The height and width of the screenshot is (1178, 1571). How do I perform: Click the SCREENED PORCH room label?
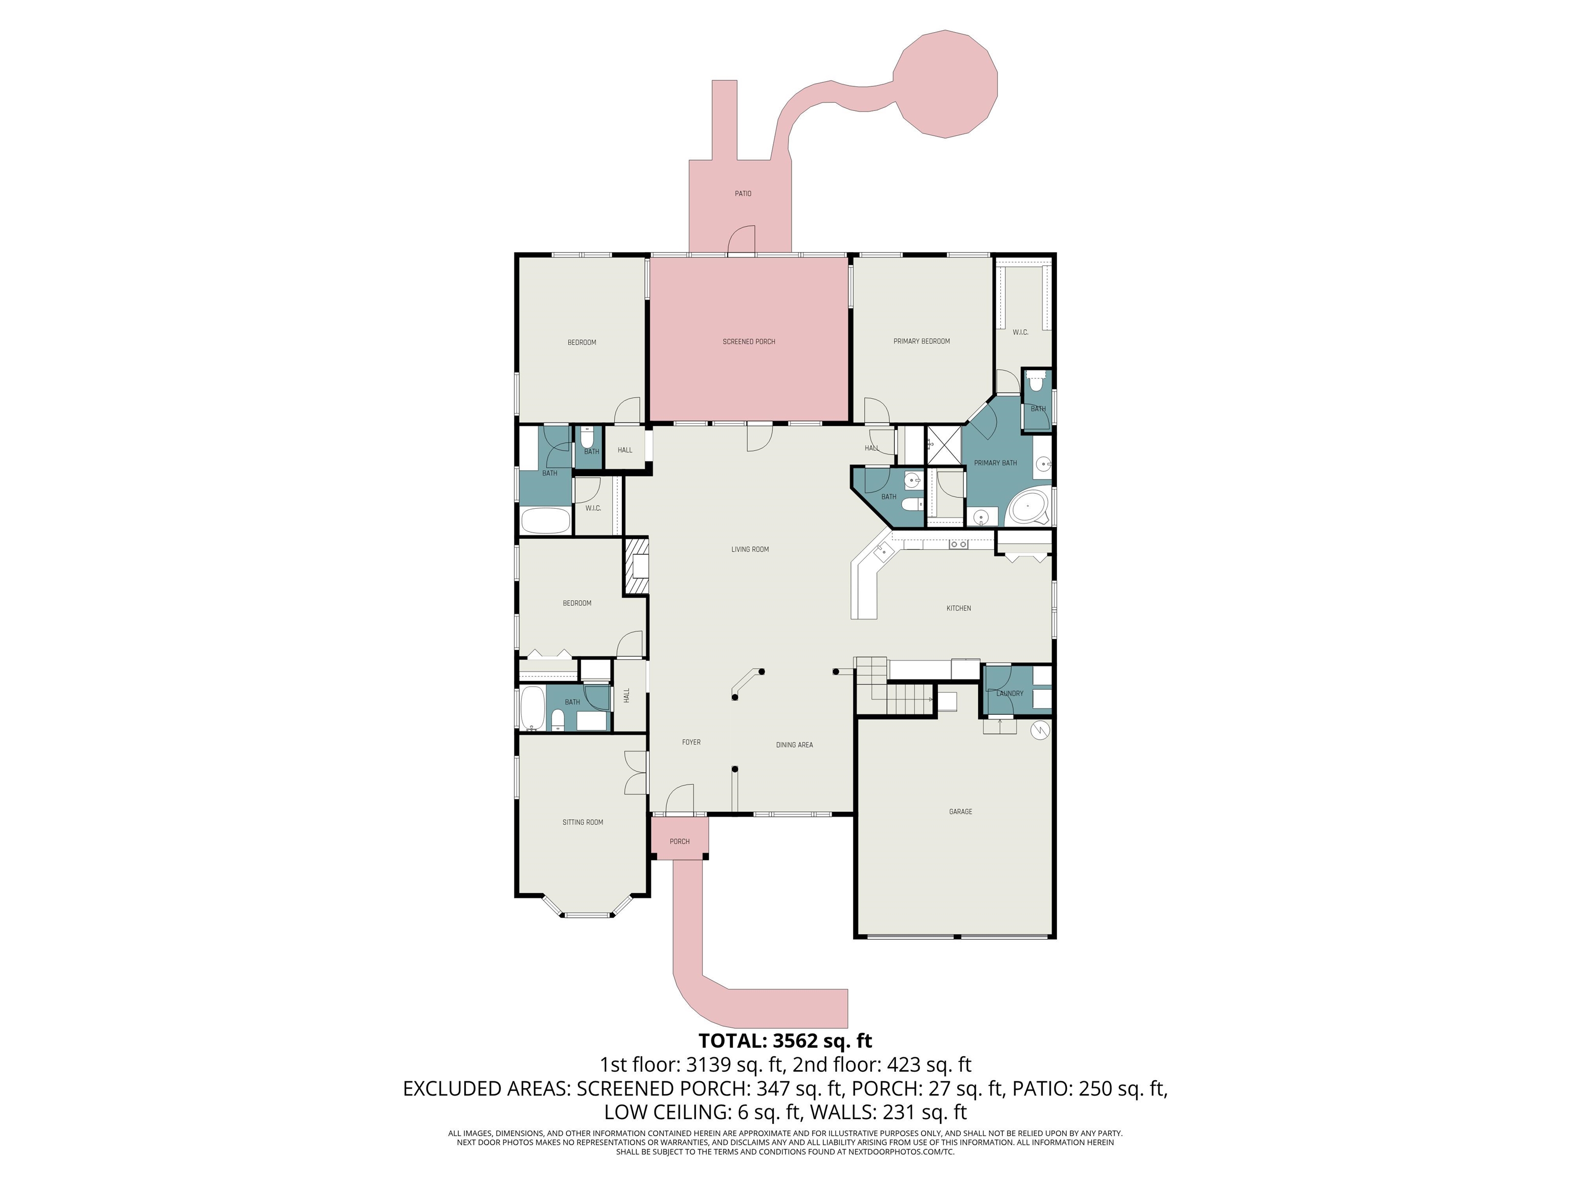pos(749,342)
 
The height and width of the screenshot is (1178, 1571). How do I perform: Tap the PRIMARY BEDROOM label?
pos(921,341)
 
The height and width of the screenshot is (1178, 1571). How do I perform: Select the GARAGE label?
pos(960,811)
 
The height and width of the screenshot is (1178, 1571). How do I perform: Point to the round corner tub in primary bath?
pos(1028,506)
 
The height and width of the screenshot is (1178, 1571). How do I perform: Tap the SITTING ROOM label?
pos(582,822)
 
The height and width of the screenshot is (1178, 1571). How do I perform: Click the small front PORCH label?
pos(679,842)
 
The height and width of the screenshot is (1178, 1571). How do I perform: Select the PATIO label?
pos(743,193)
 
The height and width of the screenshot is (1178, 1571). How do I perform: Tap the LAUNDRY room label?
pos(1009,693)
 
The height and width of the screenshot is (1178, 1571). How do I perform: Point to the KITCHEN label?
pos(958,608)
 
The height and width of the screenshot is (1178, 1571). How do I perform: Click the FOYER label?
pos(691,742)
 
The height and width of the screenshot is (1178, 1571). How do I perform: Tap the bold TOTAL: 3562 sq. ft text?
pos(785,1041)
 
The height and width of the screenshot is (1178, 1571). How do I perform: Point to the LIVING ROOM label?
pos(750,549)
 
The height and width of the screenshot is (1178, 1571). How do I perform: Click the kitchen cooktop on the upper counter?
pos(958,545)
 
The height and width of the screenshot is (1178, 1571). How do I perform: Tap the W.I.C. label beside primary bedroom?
pos(1020,332)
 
